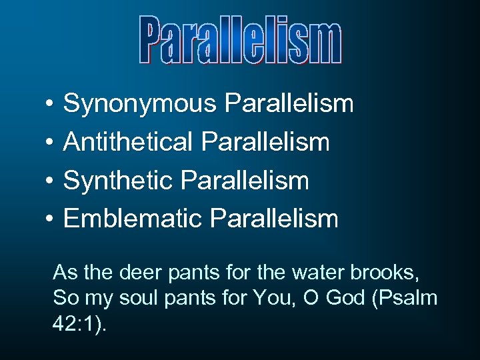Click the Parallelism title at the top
coord(241,41)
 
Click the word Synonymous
coord(140,104)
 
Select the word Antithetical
coord(127,142)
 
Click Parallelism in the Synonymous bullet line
coord(289,104)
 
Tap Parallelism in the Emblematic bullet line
coord(274,218)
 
